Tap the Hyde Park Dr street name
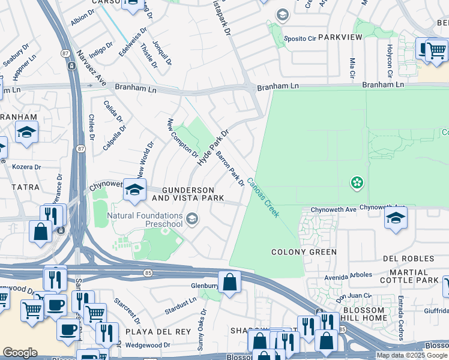pyautogui.click(x=214, y=148)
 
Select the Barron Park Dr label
pyautogui.click(x=230, y=169)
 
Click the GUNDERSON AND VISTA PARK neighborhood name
pyautogui.click(x=187, y=194)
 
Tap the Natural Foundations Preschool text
pyautogui.click(x=145, y=220)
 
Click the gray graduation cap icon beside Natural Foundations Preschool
pyautogui.click(x=191, y=218)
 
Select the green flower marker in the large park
pyautogui.click(x=357, y=182)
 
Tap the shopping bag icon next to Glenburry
pyautogui.click(x=229, y=281)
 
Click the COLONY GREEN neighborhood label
pyautogui.click(x=304, y=252)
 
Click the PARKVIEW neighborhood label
pyautogui.click(x=340, y=37)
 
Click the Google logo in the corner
pyautogui.click(x=20, y=352)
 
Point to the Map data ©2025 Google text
pyautogui.click(x=412, y=355)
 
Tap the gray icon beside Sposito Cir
pyautogui.click(x=282, y=14)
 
